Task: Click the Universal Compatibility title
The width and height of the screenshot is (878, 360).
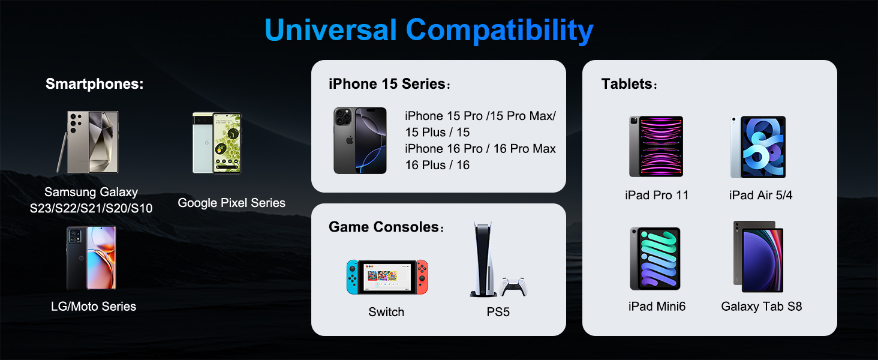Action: tap(429, 31)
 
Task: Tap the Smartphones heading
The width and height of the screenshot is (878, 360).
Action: tap(95, 84)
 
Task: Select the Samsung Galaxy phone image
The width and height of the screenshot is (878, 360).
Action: tap(92, 142)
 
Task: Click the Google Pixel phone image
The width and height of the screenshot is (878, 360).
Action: tap(217, 143)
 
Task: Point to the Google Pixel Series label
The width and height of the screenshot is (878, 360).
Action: tap(231, 203)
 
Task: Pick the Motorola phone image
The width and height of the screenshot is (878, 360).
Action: tap(91, 257)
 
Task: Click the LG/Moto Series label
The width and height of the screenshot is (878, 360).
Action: tap(94, 306)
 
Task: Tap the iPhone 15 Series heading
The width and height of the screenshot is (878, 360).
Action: tap(387, 84)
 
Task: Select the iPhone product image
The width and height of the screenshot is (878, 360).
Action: tap(360, 140)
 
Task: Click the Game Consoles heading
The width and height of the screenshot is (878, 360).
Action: tap(384, 227)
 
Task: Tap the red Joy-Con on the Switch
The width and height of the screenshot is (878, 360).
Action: tap(423, 277)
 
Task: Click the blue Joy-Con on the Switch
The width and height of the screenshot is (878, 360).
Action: tap(352, 277)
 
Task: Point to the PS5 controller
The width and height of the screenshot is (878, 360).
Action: tap(514, 286)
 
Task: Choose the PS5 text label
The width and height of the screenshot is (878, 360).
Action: tap(498, 312)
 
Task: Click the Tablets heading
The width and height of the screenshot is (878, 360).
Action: tap(627, 84)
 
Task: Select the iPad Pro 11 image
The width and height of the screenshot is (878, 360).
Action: tap(656, 146)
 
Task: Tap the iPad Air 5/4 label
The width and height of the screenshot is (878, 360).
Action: tap(760, 195)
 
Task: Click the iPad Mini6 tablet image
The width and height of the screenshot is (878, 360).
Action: tap(655, 258)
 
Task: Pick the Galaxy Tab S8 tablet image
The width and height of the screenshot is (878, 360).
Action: tap(759, 256)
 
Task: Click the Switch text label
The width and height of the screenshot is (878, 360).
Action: tap(386, 312)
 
